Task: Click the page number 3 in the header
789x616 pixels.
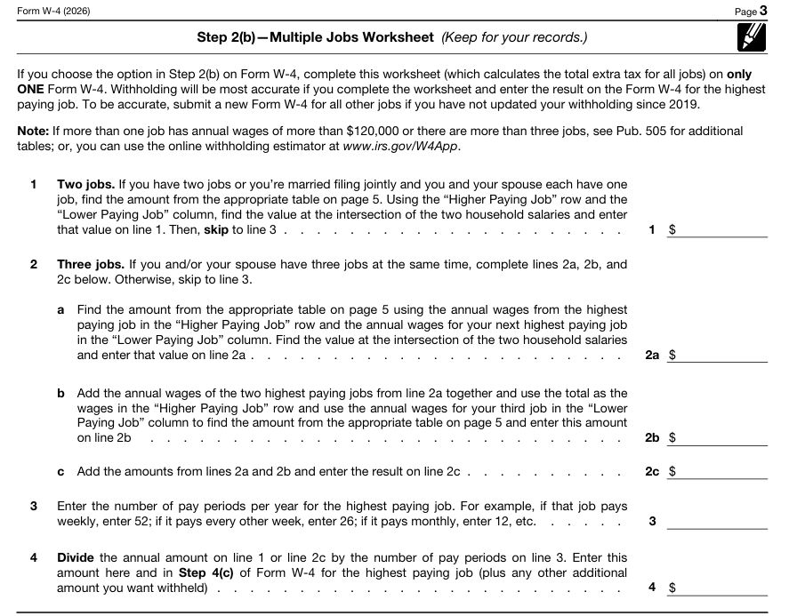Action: (762, 11)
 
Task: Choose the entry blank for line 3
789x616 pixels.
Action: (716, 521)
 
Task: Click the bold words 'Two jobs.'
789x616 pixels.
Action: (85, 185)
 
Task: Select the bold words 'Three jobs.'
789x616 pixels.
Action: (91, 264)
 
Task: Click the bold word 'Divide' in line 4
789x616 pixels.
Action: (76, 557)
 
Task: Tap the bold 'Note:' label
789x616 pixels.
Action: (34, 131)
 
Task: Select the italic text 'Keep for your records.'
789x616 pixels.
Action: (514, 37)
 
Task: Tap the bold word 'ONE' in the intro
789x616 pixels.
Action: (32, 89)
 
